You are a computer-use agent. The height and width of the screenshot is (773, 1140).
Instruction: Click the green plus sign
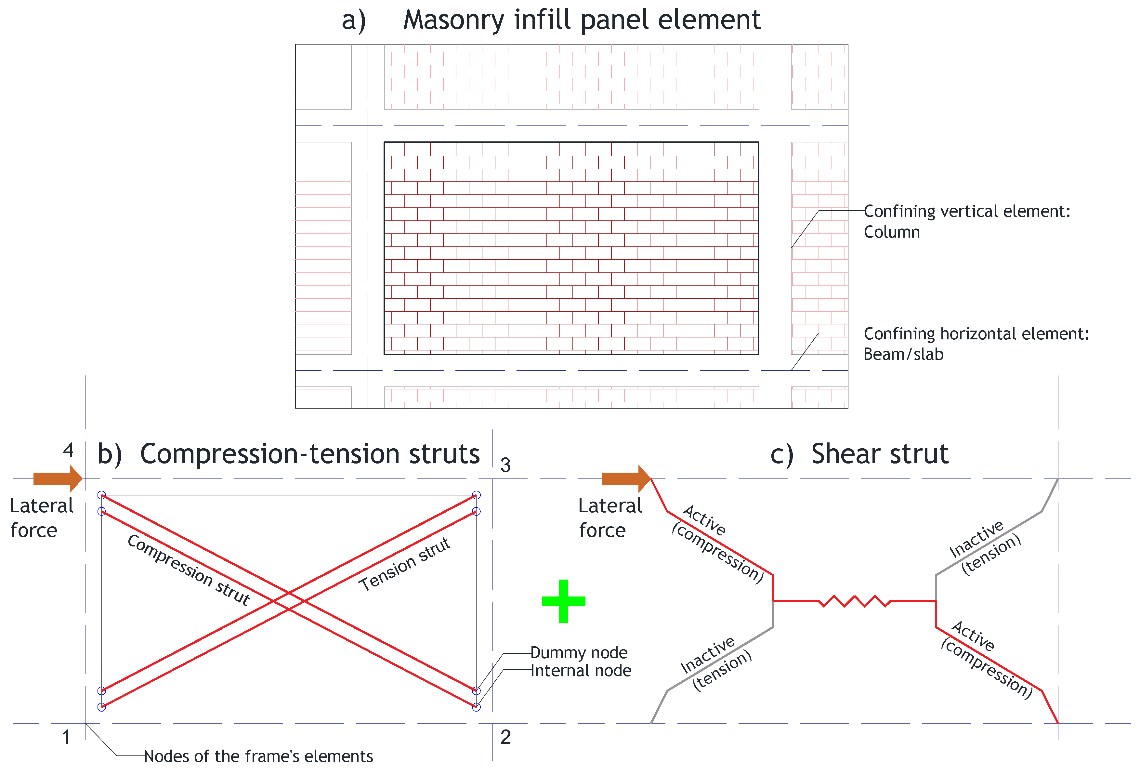coord(563,601)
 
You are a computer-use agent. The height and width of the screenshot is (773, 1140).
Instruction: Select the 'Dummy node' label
coord(579,653)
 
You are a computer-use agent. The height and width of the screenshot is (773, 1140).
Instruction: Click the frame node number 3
coord(505,465)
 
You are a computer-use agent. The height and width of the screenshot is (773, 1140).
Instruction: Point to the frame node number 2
coord(505,737)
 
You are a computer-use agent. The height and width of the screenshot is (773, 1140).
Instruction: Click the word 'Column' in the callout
coord(891,232)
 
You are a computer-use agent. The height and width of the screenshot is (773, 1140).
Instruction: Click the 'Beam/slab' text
coord(903,354)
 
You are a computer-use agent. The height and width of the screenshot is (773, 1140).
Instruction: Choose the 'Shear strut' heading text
coord(880,454)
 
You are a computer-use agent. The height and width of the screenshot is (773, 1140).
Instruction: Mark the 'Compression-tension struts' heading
coord(309,454)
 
